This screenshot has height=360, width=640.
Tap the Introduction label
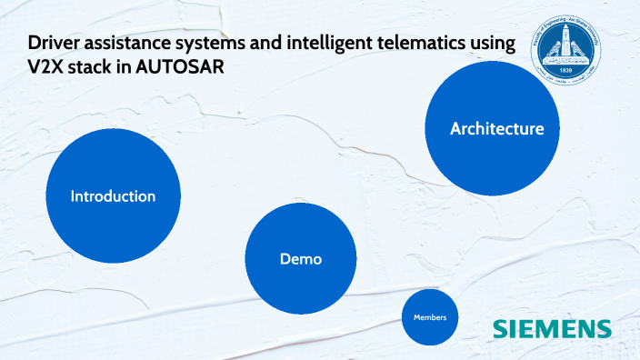[114, 196]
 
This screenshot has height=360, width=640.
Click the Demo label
[301, 259]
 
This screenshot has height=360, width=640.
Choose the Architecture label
[496, 129]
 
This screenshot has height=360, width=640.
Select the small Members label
[430, 317]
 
